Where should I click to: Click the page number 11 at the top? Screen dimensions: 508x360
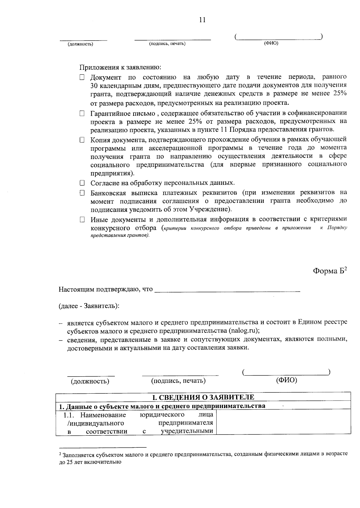click(202, 20)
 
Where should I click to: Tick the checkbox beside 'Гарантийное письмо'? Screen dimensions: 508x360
click(82, 114)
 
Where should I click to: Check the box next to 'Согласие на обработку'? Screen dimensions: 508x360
click(82, 183)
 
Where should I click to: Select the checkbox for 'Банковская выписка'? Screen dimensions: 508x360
click(82, 193)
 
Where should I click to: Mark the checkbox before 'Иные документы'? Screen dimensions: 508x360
click(82, 220)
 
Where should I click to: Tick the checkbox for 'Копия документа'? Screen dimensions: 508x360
click(82, 140)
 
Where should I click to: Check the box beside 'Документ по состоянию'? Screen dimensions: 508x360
click(82, 78)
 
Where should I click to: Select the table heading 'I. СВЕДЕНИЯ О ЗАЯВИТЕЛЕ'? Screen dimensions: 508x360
click(203, 397)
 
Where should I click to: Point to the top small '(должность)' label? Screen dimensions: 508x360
click(80, 44)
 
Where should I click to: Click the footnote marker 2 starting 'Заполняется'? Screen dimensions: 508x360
click(60, 454)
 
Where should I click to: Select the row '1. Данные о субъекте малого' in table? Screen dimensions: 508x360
click(162, 406)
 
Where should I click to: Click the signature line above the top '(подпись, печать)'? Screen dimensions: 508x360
click(172, 39)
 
